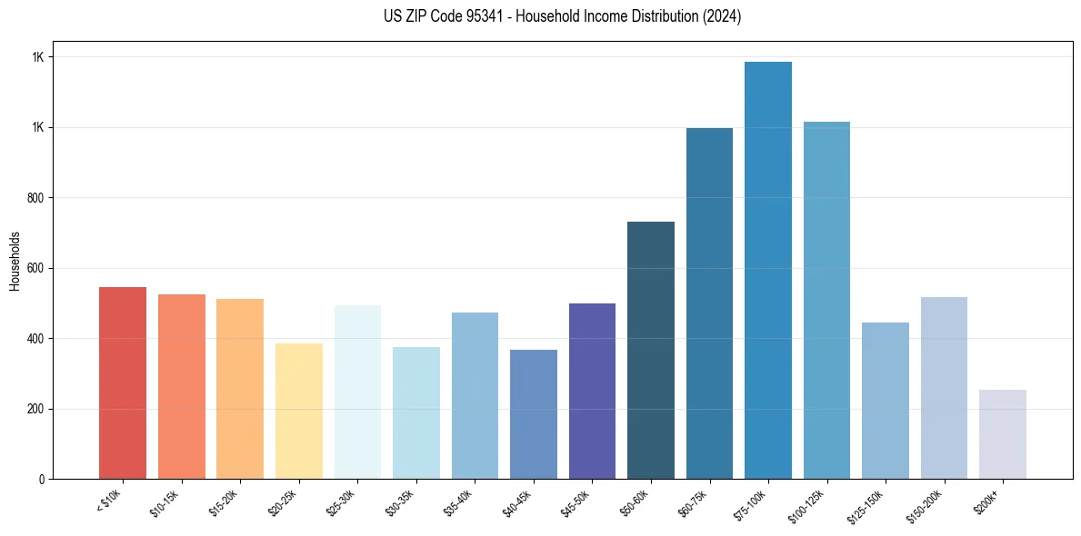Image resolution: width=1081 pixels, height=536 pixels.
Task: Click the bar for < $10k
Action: click(122, 383)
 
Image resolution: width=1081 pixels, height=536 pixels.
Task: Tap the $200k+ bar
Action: click(1003, 434)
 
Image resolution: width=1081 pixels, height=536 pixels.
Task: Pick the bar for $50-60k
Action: click(651, 351)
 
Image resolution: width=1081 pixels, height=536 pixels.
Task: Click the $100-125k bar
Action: click(826, 301)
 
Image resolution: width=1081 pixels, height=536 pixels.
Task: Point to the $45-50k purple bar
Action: click(592, 391)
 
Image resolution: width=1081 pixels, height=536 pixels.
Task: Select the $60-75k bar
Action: click(709, 303)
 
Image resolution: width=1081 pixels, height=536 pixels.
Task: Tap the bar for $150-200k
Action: click(944, 388)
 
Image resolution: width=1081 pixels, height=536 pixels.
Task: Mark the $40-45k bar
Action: click(533, 414)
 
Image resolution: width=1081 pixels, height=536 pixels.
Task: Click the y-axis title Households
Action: click(15, 260)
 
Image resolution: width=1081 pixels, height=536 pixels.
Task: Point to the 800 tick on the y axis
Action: click(35, 198)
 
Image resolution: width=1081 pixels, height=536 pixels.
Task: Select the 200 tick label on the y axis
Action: click(35, 409)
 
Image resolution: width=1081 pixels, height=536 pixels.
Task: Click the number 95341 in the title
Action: click(475, 17)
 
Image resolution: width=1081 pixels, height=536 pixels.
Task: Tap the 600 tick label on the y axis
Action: click(35, 268)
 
